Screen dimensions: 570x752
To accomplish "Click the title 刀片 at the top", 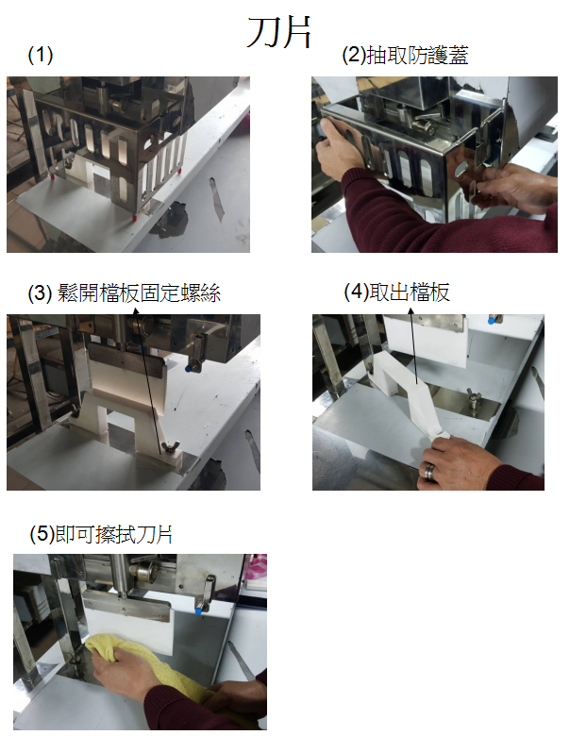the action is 278,32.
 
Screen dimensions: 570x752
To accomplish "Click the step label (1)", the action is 41,55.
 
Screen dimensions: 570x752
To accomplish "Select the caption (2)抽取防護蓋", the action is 405,55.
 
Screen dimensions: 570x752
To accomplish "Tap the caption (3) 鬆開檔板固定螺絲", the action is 125,292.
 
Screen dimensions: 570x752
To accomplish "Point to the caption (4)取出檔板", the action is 396,292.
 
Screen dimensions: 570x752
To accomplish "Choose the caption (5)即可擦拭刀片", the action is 101,534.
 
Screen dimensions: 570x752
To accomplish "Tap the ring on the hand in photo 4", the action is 429,471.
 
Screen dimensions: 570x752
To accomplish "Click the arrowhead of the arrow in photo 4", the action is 411,311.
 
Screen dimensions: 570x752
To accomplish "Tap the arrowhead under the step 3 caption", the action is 136,311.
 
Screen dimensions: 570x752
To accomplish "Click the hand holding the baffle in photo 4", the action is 456,463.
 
